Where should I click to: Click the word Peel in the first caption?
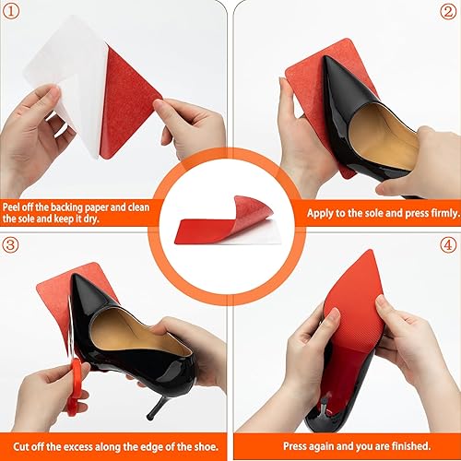[13, 207]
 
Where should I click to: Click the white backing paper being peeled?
[69, 74]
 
